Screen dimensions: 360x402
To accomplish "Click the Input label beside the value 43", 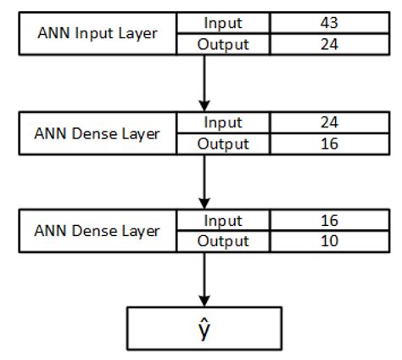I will pyautogui.click(x=223, y=24).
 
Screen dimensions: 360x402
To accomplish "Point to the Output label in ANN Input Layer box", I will pyautogui.click(x=223, y=45).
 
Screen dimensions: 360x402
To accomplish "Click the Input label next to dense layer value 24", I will pyautogui.click(x=223, y=122).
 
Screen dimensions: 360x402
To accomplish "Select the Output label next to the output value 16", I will pyautogui.click(x=223, y=143).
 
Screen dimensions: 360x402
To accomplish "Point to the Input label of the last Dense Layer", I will pyautogui.click(x=223, y=221).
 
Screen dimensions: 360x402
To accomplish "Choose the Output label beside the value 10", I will pyautogui.click(x=223, y=241).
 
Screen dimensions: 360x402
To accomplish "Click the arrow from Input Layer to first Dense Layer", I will pyautogui.click(x=204, y=82).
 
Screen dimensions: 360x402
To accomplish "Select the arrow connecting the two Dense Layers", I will pyautogui.click(x=204, y=181).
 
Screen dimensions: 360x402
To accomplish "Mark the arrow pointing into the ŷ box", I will pyautogui.click(x=204, y=279).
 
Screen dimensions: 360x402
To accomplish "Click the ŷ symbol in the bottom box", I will pyautogui.click(x=204, y=327).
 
